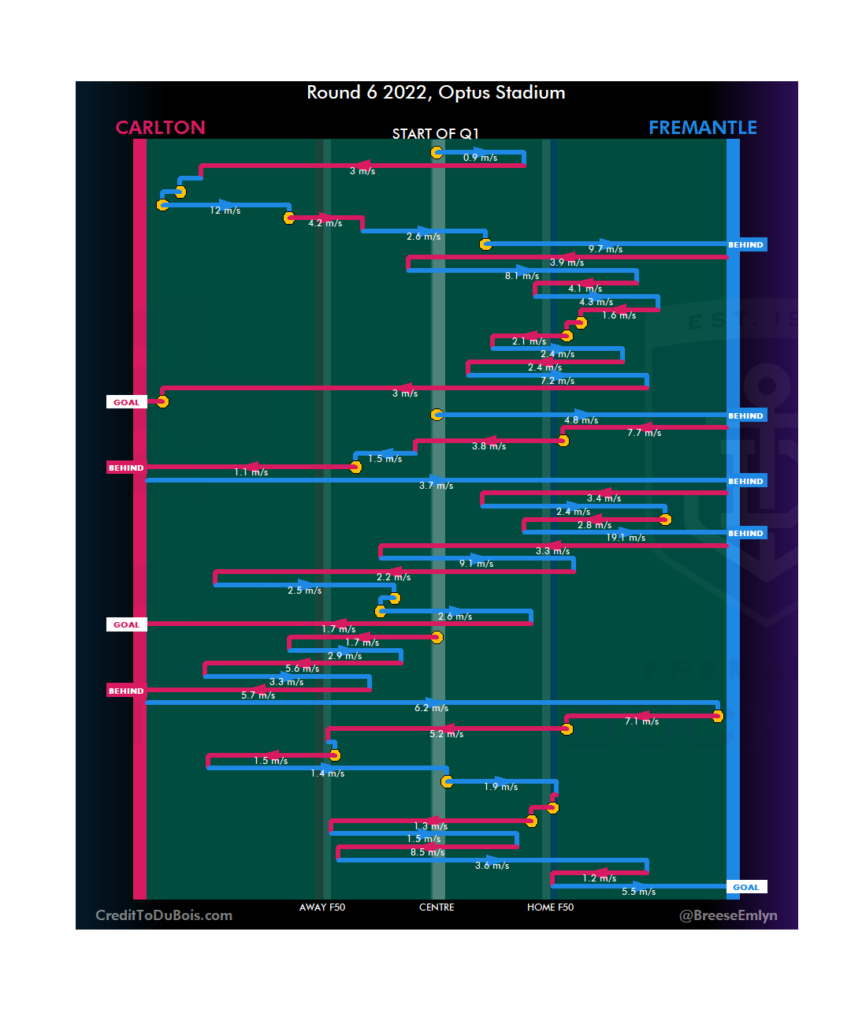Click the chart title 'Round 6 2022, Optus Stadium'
coord(436,93)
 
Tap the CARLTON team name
coord(160,128)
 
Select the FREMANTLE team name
coord(702,128)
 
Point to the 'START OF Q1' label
coord(435,134)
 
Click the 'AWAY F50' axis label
coord(321,907)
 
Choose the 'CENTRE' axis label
coord(437,907)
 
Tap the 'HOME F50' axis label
coord(550,907)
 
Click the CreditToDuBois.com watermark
coord(164,915)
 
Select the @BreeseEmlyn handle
coord(728,915)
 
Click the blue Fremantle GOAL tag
coord(745,887)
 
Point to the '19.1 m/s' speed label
coord(626,538)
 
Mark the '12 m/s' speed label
coord(225,211)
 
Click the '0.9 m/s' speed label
coord(480,158)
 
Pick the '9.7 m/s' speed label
coord(605,249)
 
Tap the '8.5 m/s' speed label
coord(427,852)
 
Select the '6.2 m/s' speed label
coord(431,708)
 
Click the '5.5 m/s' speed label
coord(638,892)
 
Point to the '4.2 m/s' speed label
coord(325,223)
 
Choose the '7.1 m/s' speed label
coord(641,721)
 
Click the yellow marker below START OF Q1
coord(437,152)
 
